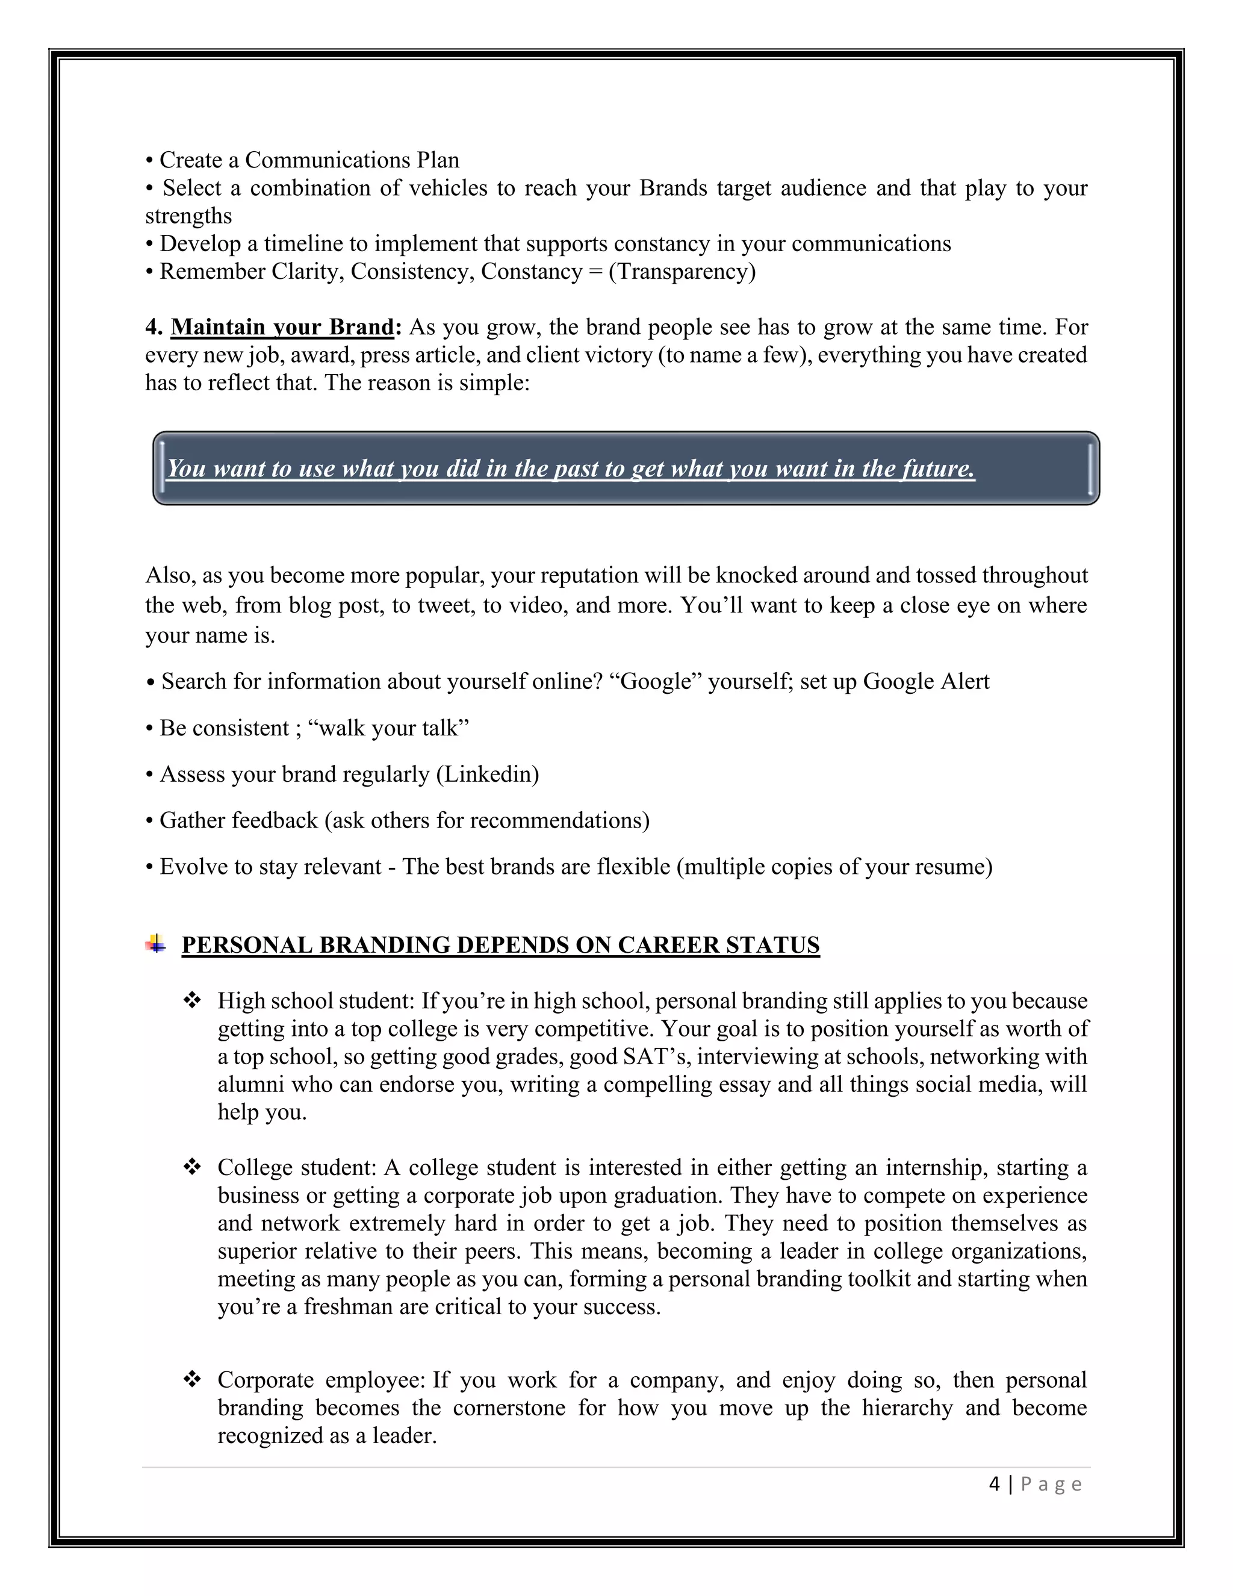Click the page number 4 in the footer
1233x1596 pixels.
[994, 1484]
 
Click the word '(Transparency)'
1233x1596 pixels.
[682, 272]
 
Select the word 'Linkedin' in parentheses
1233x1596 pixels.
[487, 774]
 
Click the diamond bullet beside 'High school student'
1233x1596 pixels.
[192, 1000]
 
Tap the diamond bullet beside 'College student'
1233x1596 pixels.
[192, 1167]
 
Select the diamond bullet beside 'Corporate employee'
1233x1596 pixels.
[192, 1380]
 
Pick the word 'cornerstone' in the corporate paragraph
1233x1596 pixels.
[509, 1408]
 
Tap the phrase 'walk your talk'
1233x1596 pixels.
[388, 728]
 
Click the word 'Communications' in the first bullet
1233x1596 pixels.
[328, 160]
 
